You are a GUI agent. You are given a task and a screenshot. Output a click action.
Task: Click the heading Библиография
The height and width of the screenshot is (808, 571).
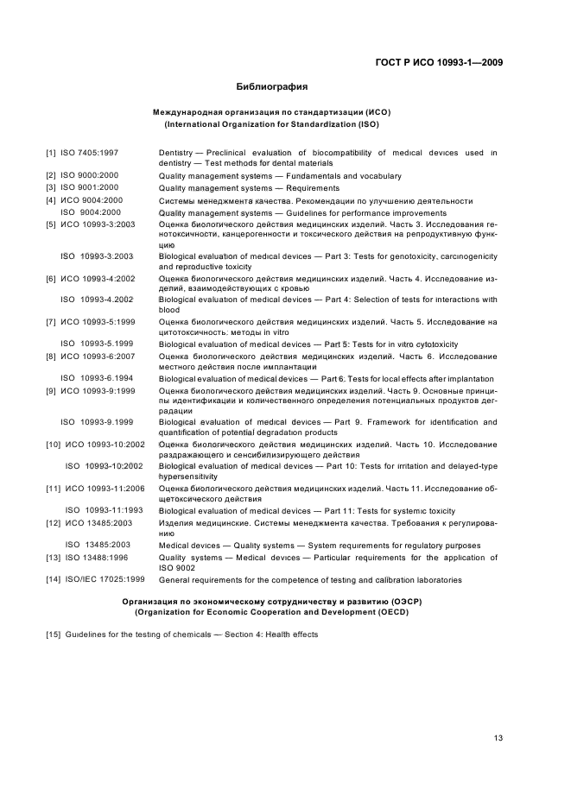[x=272, y=86]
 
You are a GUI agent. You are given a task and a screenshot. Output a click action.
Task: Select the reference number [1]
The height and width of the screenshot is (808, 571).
[x=51, y=153]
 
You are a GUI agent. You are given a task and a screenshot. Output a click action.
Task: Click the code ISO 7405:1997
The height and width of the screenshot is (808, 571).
[x=90, y=153]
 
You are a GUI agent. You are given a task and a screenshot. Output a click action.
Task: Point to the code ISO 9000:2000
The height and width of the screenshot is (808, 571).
[x=90, y=176]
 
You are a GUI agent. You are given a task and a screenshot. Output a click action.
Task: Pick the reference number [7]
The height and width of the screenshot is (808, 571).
[x=51, y=322]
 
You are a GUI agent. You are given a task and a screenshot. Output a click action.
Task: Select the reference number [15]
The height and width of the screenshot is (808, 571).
[x=54, y=634]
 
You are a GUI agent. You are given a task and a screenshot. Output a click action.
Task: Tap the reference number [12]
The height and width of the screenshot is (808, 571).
[x=54, y=523]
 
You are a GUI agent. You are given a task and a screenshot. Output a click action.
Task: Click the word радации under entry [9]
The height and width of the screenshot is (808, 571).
[x=175, y=411]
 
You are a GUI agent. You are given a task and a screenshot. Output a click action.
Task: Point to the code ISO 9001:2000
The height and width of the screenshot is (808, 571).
[x=90, y=187]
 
